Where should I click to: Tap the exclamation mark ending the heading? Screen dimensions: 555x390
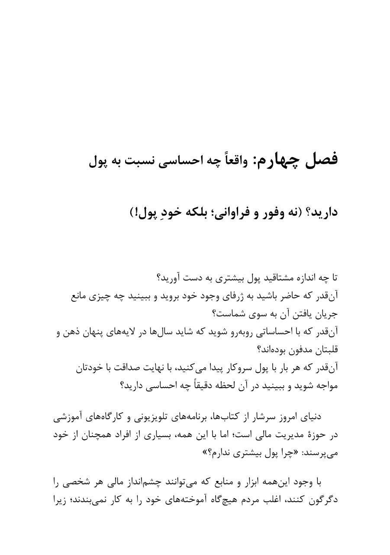[134, 212]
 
